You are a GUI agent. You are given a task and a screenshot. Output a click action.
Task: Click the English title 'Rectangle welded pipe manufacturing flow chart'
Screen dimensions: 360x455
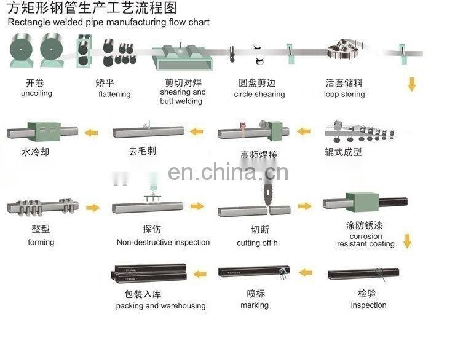point(108,22)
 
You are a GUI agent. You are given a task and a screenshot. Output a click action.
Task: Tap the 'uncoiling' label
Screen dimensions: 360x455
point(36,93)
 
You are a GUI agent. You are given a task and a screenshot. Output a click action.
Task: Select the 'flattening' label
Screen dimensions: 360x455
point(114,94)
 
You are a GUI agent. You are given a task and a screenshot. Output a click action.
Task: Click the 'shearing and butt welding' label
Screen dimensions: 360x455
point(183,96)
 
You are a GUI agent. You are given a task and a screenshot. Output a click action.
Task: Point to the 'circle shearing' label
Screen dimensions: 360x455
point(259,94)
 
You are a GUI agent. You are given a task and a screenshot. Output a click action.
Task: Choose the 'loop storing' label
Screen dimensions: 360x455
point(344,94)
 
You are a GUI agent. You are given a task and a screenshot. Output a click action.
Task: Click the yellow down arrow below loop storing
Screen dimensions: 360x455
point(411,84)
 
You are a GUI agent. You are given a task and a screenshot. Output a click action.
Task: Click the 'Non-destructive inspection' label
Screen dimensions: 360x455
point(163,242)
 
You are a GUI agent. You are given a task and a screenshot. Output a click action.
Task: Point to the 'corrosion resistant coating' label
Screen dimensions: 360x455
point(366,240)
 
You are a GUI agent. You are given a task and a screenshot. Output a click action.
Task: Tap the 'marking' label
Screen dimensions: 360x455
point(255,305)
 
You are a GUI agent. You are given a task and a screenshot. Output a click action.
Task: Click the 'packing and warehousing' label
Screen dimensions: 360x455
point(160,305)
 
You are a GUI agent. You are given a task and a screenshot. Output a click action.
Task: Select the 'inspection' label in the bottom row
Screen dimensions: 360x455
point(368,305)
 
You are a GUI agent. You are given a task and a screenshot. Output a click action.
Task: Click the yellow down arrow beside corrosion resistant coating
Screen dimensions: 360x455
point(406,240)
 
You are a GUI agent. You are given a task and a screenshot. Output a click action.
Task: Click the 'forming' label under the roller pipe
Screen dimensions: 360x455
point(41,242)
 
